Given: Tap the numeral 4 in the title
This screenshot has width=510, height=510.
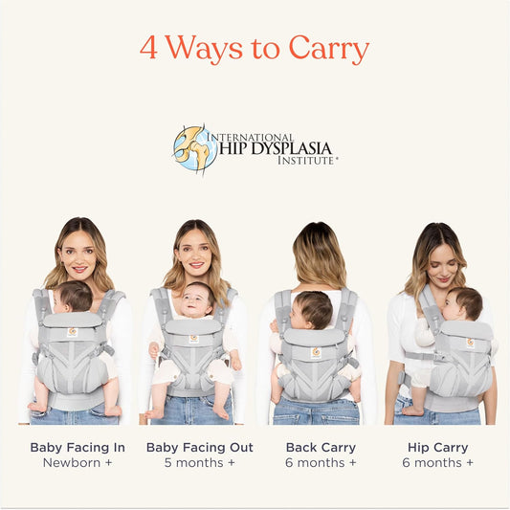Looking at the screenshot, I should click(148, 48).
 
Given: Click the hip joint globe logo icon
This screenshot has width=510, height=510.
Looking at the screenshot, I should click(195, 148).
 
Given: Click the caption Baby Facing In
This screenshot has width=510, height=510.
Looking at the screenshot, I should click(78, 447).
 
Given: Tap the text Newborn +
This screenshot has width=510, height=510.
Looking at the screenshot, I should click(78, 463).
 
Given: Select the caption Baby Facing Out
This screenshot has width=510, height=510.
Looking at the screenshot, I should click(200, 447).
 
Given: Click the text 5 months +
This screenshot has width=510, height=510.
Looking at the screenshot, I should click(200, 463).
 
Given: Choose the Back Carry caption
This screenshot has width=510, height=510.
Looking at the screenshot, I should click(322, 447).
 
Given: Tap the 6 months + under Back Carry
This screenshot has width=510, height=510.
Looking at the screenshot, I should click(322, 463).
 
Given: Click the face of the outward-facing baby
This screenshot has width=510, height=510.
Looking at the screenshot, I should click(197, 302).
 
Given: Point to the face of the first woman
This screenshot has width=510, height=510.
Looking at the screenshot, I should click(78, 254).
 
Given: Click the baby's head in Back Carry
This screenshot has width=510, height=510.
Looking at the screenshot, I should click(313, 309).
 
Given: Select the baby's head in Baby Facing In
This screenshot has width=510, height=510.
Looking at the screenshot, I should click(73, 297).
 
